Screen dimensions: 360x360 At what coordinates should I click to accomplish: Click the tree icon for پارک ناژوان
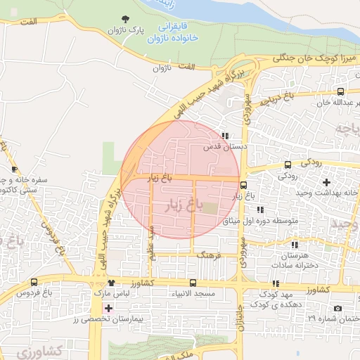(126, 18)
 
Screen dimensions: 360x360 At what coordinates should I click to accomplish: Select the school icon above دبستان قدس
(224, 136)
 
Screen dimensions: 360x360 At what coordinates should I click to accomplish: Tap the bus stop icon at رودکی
(287, 165)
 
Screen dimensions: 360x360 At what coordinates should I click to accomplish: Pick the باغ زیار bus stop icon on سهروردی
(243, 186)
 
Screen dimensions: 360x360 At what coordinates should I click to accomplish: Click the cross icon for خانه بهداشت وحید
(326, 181)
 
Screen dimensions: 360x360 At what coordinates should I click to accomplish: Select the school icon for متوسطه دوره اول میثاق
(260, 210)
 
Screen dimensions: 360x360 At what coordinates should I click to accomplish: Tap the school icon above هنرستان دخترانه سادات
(295, 245)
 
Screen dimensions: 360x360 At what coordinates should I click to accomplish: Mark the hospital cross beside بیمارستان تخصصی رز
(108, 308)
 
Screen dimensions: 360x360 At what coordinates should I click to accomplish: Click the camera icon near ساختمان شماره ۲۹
(338, 309)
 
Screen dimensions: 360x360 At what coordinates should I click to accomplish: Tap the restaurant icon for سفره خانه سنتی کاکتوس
(15, 169)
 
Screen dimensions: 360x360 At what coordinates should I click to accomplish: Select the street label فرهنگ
(209, 257)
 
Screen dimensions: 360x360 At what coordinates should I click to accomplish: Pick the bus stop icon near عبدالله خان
(341, 91)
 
